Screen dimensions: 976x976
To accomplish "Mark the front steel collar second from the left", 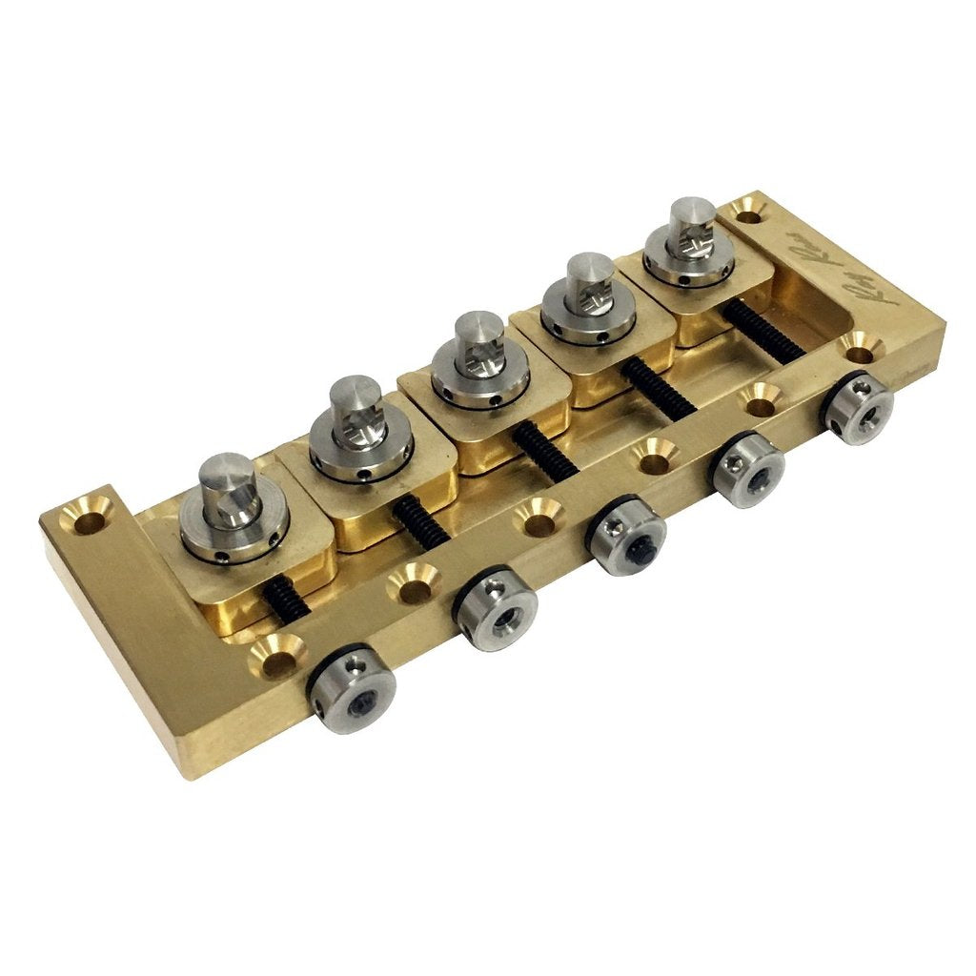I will [x=497, y=610].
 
